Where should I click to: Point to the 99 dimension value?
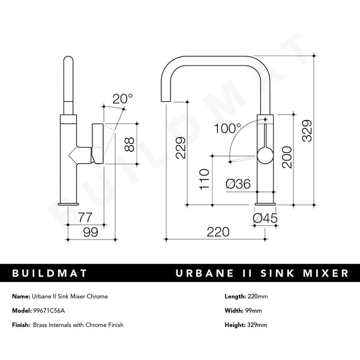point(90,233)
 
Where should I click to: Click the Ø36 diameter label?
point(238,185)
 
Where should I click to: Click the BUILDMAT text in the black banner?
point(50,274)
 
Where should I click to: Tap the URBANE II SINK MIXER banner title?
point(262,274)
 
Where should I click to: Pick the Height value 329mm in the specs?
point(257,325)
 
